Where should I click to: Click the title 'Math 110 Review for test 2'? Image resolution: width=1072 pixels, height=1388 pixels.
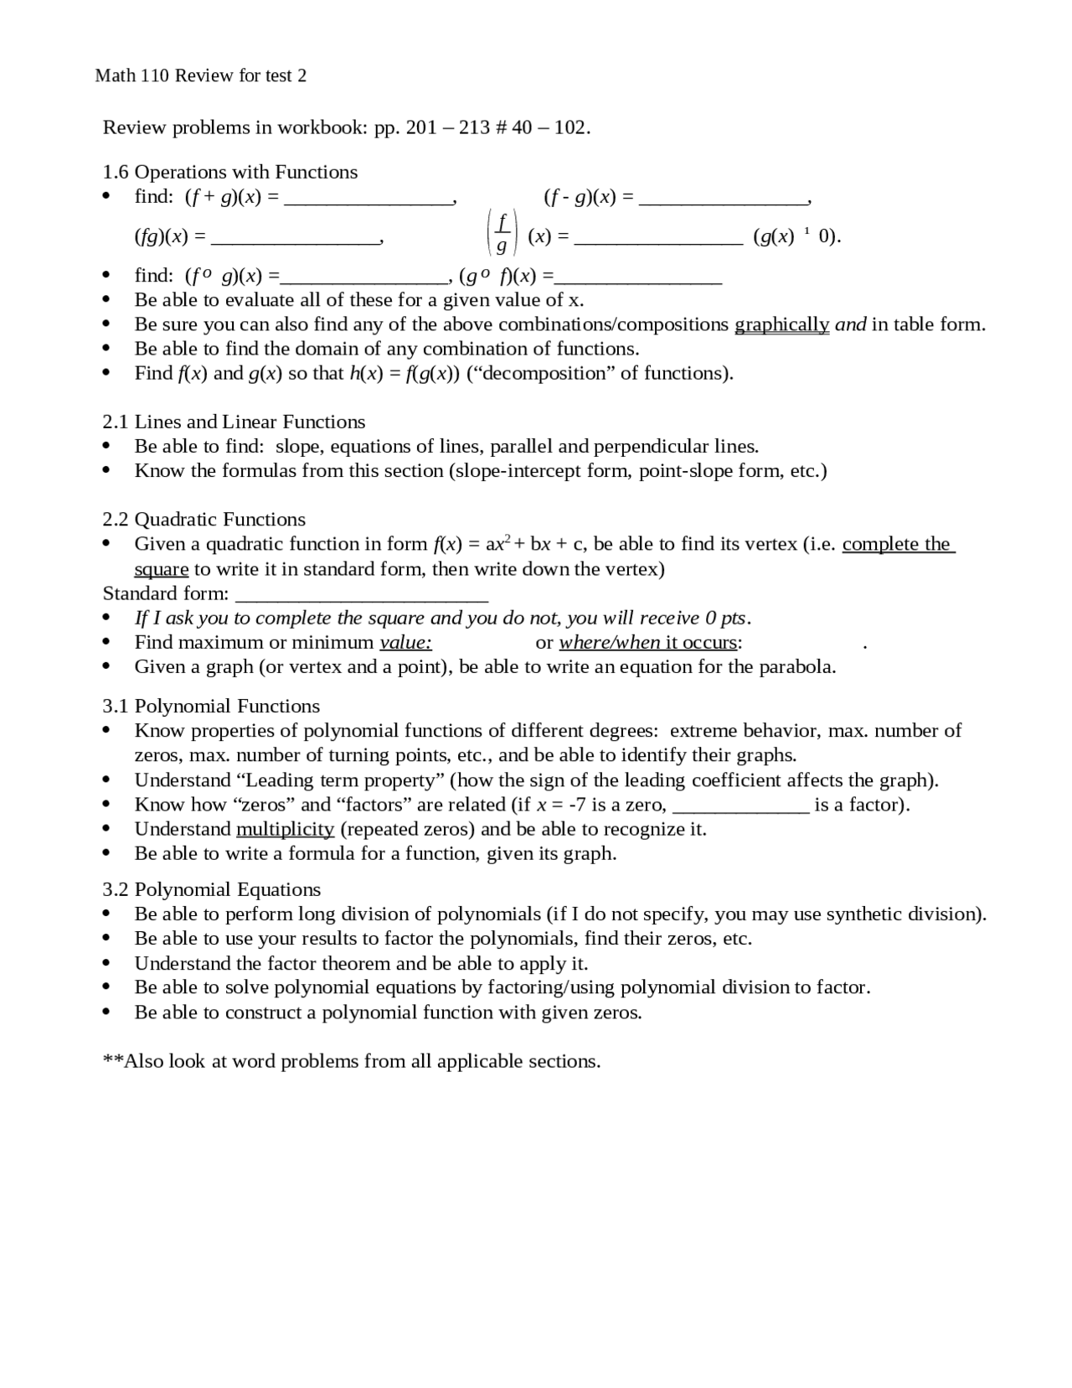coord(200,76)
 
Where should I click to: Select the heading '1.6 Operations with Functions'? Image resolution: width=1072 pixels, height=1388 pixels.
coord(229,172)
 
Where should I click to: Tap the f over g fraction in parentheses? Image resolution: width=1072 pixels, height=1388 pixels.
coord(502,234)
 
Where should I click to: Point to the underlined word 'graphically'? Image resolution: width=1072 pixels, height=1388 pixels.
coord(781,324)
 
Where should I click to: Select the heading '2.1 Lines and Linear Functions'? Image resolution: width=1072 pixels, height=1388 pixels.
coord(234,422)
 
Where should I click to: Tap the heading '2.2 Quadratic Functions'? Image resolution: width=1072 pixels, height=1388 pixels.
coord(204,520)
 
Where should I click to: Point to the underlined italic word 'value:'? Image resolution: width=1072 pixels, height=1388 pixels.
coord(405,643)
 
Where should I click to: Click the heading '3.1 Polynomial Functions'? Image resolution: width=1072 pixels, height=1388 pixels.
coord(211,706)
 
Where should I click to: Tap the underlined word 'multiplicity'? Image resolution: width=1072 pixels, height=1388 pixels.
coord(285,829)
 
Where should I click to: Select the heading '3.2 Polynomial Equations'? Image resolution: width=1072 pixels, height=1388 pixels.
coord(212,889)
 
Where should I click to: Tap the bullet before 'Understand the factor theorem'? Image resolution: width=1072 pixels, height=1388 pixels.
coord(106,964)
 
